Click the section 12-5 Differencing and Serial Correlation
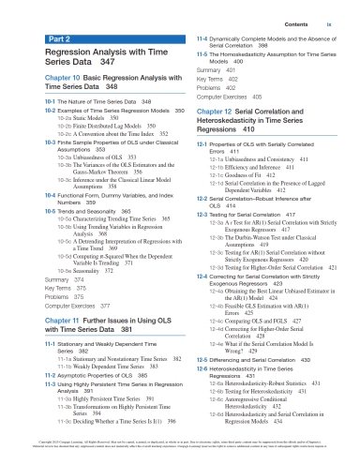click(x=249, y=360)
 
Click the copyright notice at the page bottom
click(x=180, y=438)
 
